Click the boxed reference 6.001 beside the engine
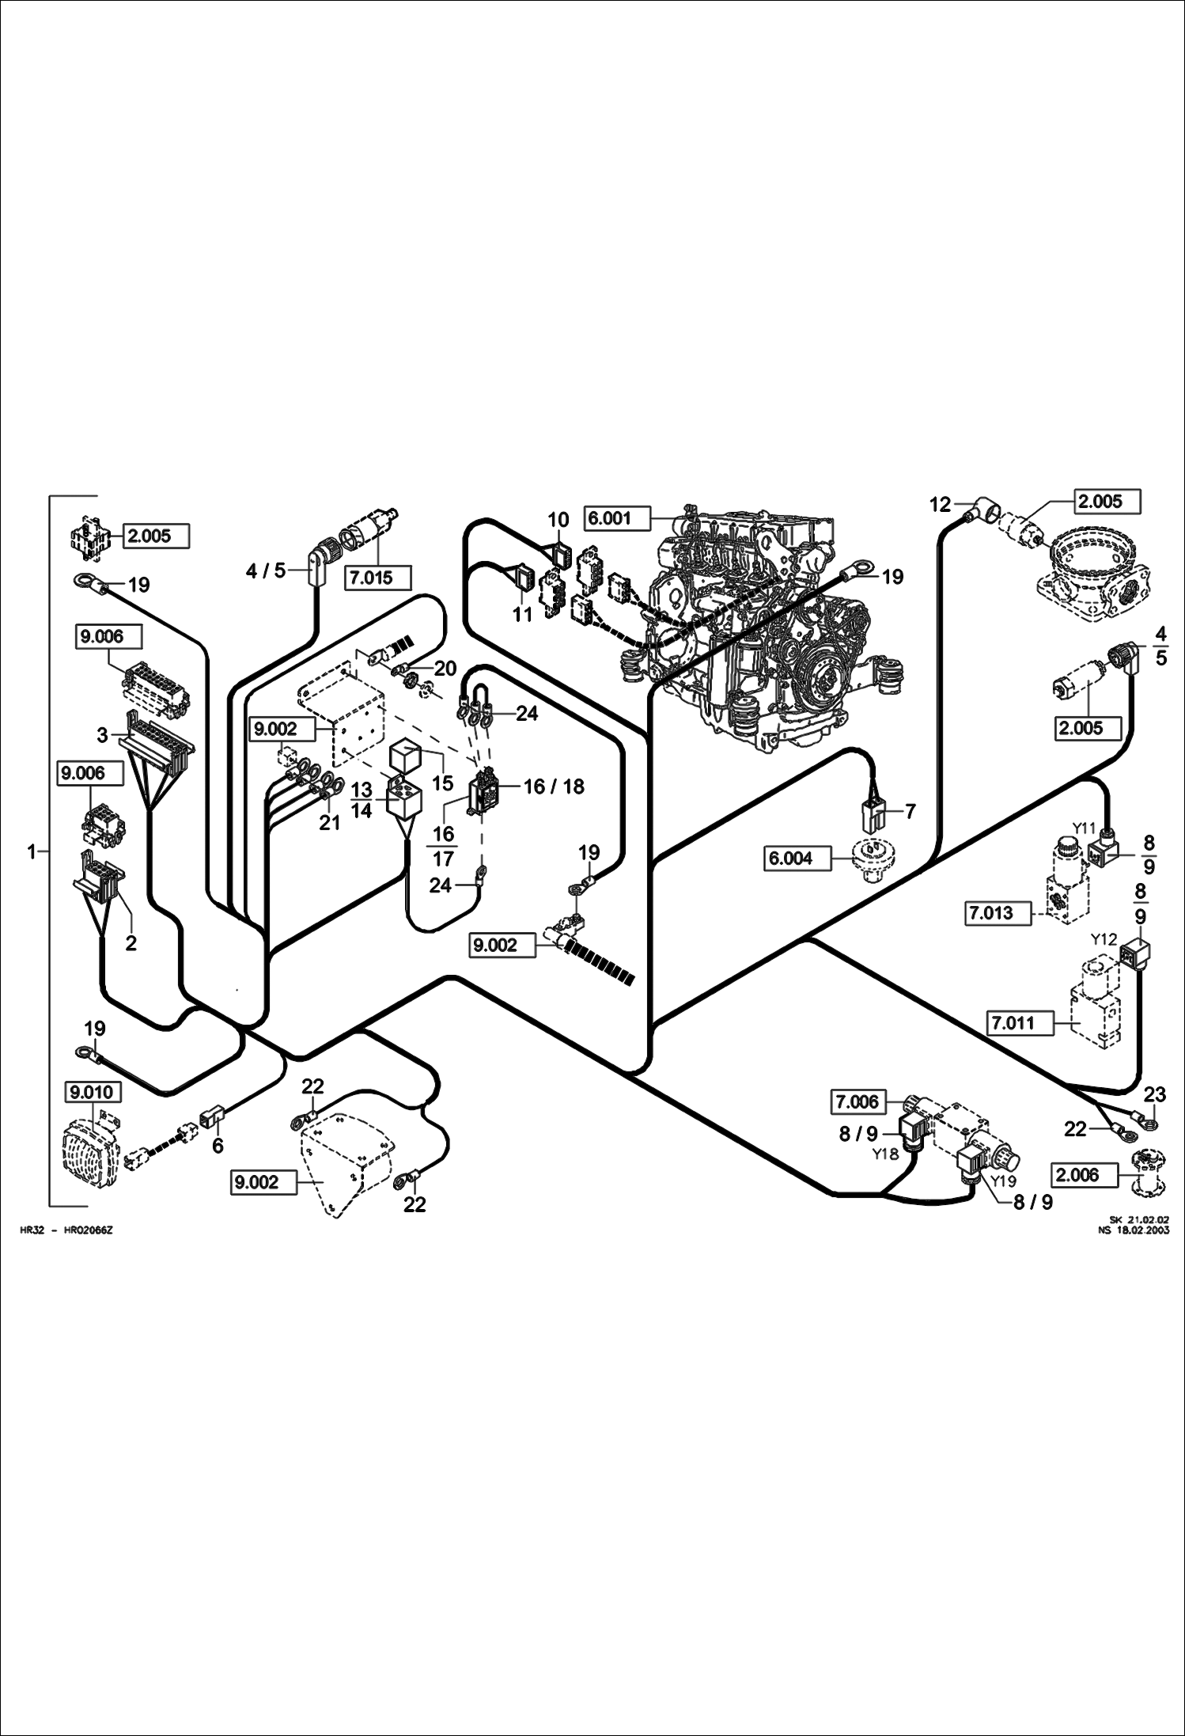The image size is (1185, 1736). (x=617, y=519)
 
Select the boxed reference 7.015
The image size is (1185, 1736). (x=379, y=578)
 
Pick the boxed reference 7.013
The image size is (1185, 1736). (x=999, y=913)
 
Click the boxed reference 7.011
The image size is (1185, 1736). (x=1021, y=1023)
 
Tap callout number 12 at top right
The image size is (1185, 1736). (x=940, y=505)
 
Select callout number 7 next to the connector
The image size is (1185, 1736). (x=910, y=812)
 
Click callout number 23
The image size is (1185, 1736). (x=1155, y=1095)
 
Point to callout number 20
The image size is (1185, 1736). (x=445, y=669)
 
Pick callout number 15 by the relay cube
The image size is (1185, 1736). (x=443, y=783)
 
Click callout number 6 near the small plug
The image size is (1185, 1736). (x=218, y=1144)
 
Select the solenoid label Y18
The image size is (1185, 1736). (x=886, y=1154)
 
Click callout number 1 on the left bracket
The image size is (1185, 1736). (x=32, y=852)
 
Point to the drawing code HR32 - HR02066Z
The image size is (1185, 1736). (x=66, y=1230)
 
